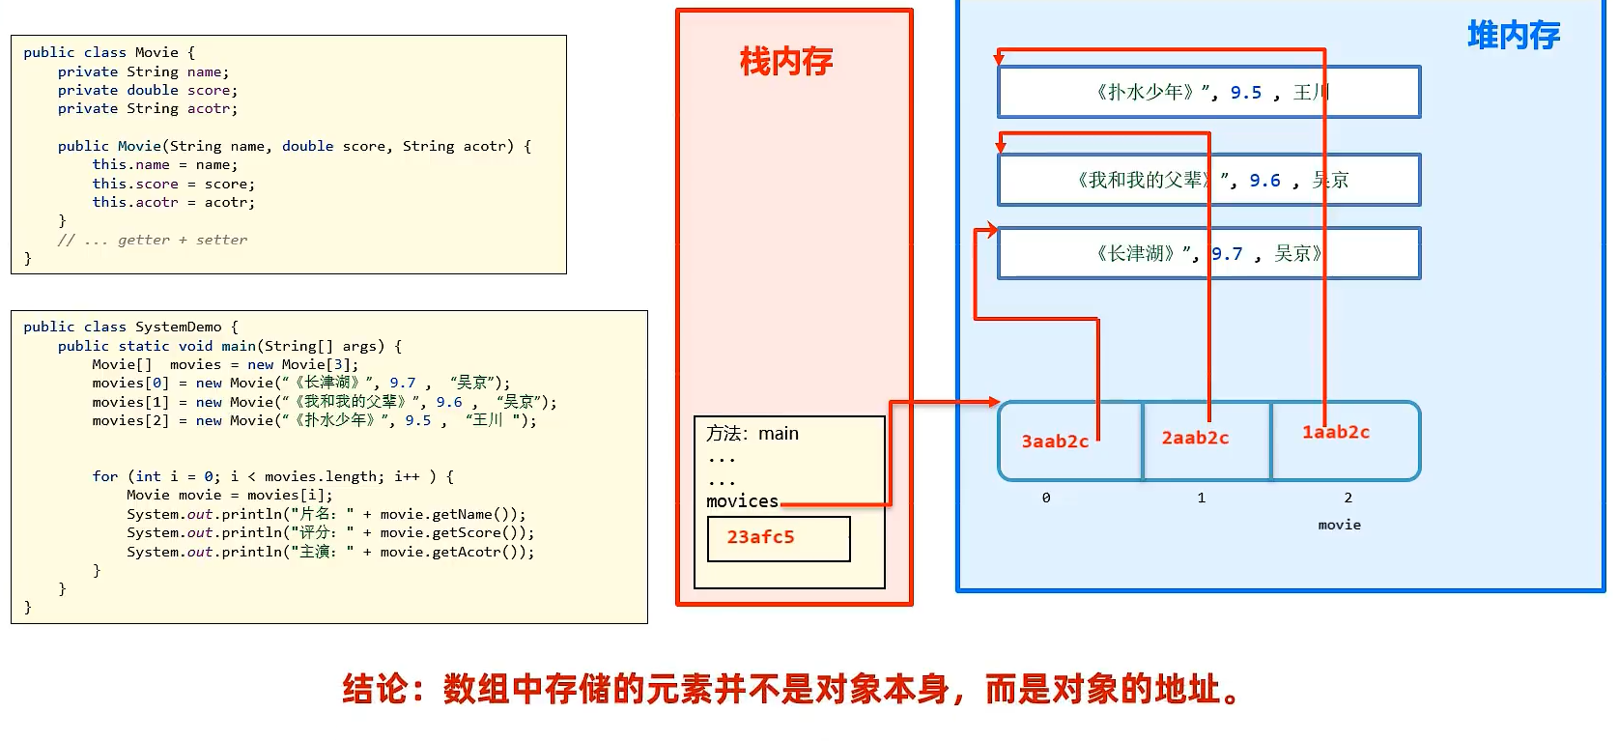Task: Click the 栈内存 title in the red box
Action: tap(786, 62)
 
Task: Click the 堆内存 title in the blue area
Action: tap(1514, 36)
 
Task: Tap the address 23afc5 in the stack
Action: tap(761, 537)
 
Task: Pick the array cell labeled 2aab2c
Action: tap(1195, 438)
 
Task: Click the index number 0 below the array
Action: tap(1046, 498)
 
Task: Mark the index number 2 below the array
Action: tap(1348, 498)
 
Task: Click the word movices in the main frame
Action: tap(742, 501)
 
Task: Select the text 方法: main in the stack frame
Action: tap(752, 434)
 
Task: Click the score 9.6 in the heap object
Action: tap(1264, 181)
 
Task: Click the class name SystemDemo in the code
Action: tap(179, 328)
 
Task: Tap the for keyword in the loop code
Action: tap(105, 476)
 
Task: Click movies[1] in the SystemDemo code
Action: tap(130, 402)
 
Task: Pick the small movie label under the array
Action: tap(1339, 525)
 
